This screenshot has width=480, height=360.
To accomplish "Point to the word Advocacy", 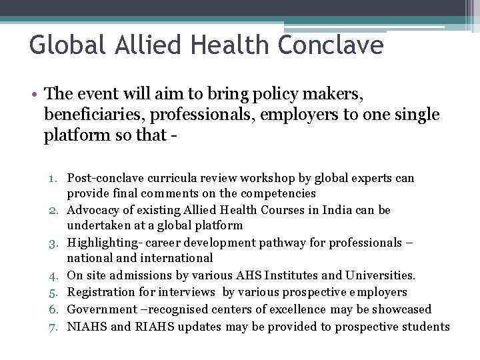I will (x=92, y=210).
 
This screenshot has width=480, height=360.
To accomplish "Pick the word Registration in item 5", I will (x=102, y=292).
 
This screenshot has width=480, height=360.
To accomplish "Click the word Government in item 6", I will (x=99, y=309).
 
